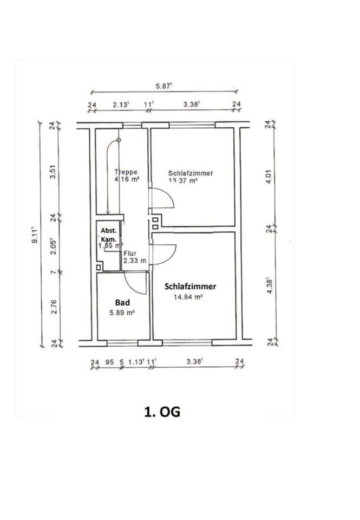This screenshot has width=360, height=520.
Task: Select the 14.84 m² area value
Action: [x=187, y=297]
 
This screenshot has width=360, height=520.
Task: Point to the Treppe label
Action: [x=126, y=173]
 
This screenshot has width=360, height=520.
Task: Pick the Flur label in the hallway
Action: [x=130, y=253]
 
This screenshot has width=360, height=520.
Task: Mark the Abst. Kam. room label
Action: [x=108, y=234]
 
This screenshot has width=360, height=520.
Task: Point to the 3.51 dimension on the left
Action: [x=53, y=177]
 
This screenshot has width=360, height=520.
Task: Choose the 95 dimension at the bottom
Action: [x=110, y=362]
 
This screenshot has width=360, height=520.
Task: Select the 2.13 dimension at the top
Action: [x=121, y=105]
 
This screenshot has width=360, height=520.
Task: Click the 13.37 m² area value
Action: [x=183, y=181]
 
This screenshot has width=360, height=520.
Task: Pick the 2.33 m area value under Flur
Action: [x=135, y=261]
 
